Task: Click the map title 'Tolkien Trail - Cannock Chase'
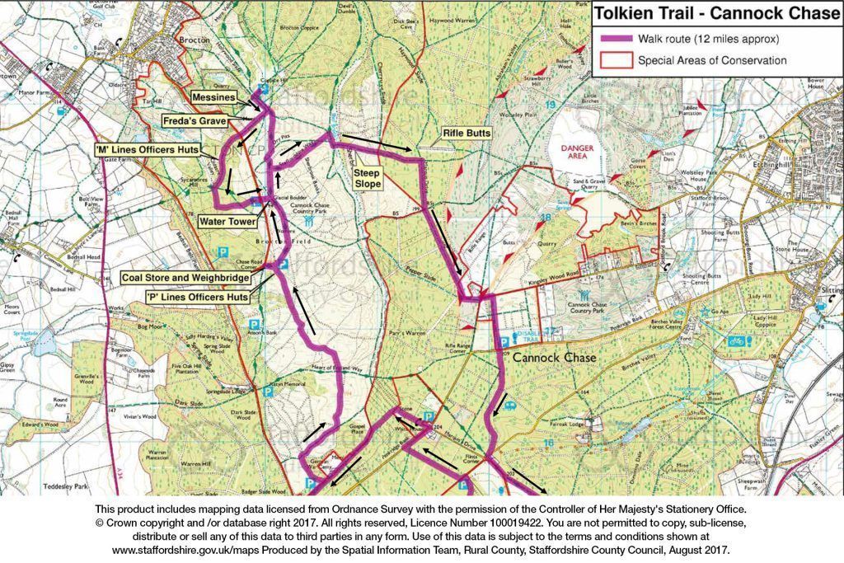pyautogui.click(x=717, y=13)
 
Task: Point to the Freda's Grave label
pyautogui.click(x=195, y=122)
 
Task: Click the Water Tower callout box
pyautogui.click(x=226, y=221)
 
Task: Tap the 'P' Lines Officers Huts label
pyautogui.click(x=196, y=296)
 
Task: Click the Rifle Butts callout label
pyautogui.click(x=467, y=133)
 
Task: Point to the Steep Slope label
pyautogui.click(x=368, y=179)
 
